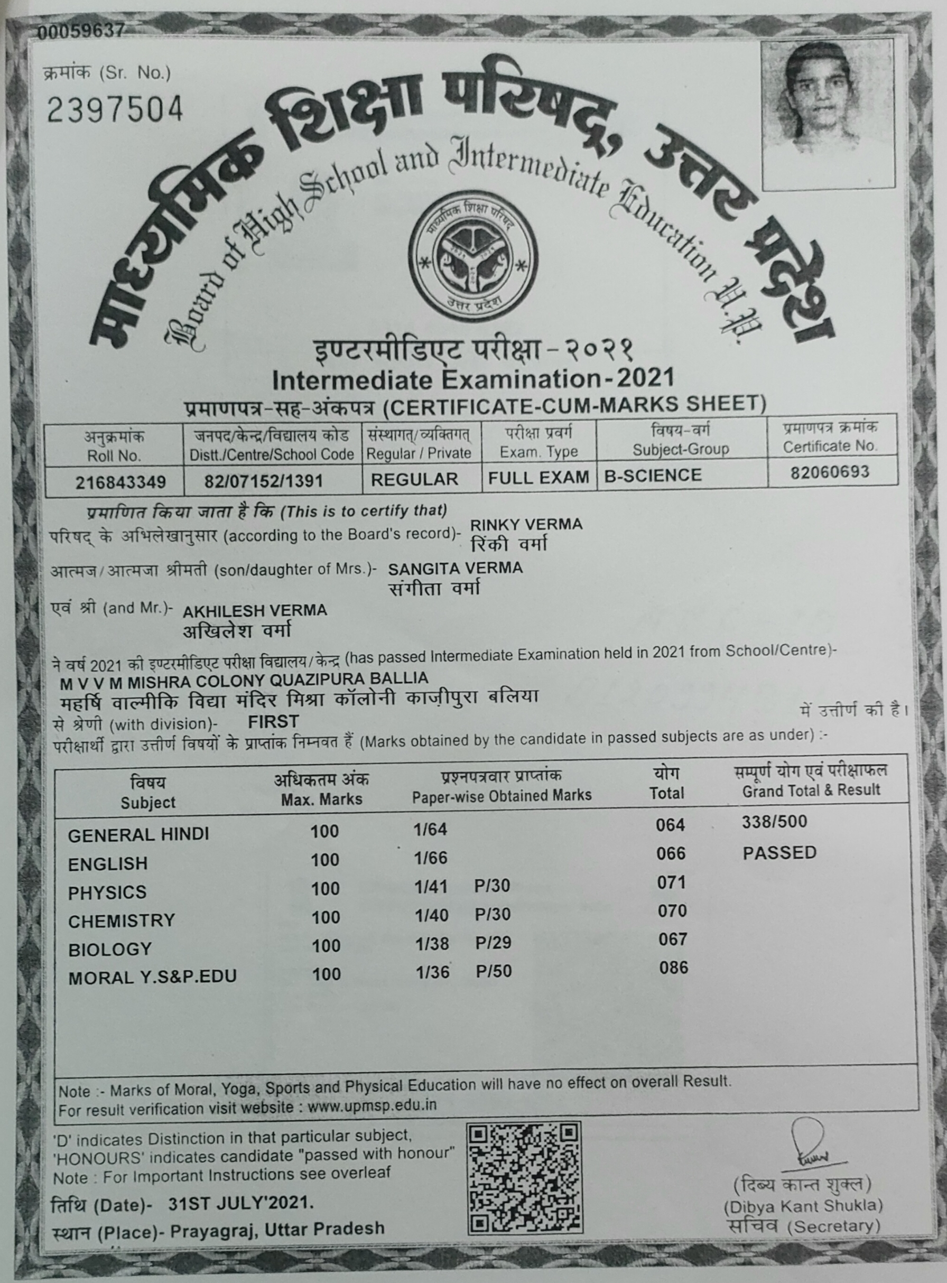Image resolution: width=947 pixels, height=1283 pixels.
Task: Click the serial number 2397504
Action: (115, 109)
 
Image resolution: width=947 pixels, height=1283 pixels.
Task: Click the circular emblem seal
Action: (473, 256)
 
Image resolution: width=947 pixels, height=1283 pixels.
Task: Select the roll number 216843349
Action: (120, 481)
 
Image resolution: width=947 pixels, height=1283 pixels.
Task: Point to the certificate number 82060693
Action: (830, 473)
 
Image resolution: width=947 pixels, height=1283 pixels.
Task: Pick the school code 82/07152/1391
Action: (264, 480)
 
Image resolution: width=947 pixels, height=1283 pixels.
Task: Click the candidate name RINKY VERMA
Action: (526, 525)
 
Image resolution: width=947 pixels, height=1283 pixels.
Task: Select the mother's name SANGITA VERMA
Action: (455, 569)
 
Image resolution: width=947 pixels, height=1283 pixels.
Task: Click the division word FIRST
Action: (273, 721)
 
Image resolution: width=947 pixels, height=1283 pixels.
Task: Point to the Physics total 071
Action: (671, 882)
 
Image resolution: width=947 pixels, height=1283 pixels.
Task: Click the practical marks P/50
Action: (494, 971)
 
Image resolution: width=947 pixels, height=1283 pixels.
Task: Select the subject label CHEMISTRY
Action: (122, 921)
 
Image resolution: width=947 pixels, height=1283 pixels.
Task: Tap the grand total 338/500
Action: (774, 822)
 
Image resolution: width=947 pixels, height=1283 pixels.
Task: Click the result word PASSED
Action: (779, 853)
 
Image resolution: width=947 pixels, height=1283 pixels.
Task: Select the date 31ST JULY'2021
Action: (241, 1203)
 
